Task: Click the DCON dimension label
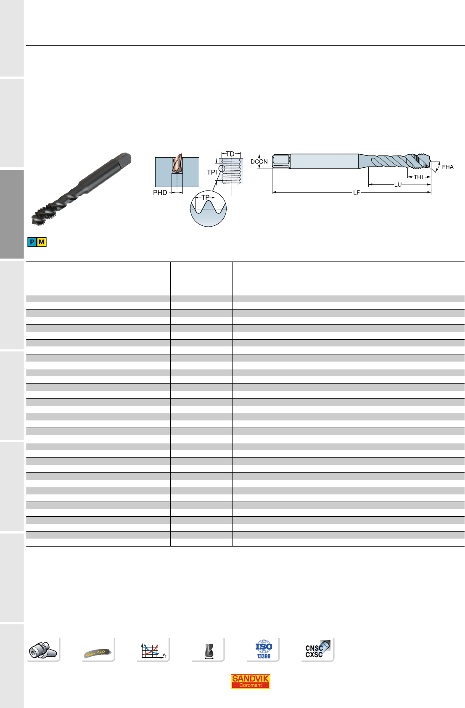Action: click(x=259, y=161)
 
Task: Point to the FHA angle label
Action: click(x=448, y=167)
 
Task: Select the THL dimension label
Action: click(x=419, y=177)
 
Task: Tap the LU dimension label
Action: click(x=398, y=185)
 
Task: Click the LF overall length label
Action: click(x=356, y=193)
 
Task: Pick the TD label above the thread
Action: click(x=230, y=154)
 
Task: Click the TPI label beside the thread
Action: click(x=212, y=172)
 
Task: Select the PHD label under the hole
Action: click(x=160, y=193)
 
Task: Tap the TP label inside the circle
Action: click(x=206, y=197)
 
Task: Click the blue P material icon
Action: click(x=32, y=242)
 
